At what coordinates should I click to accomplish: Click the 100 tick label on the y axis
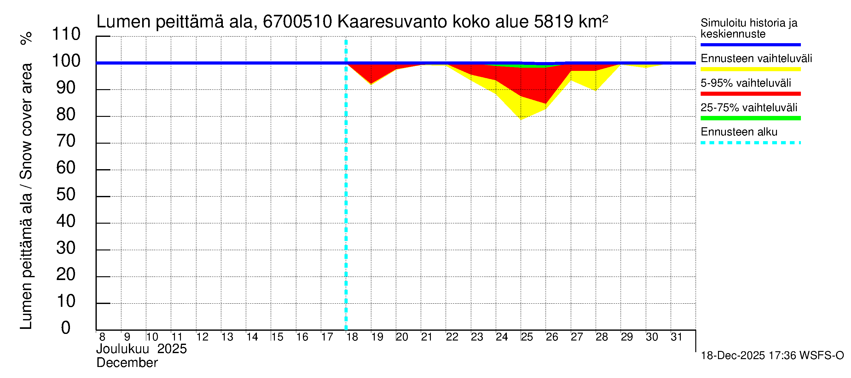[66, 61]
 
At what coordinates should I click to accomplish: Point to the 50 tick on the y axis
[66, 195]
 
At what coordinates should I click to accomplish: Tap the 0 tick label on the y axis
[66, 328]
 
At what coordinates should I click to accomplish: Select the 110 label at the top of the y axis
[66, 34]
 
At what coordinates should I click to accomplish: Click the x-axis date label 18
[352, 337]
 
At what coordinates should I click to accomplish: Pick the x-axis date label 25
[527, 337]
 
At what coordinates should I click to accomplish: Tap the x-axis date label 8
[102, 337]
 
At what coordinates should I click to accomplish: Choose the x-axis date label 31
[677, 337]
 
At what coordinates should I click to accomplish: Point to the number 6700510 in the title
[297, 22]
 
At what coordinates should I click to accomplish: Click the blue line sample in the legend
[750, 44]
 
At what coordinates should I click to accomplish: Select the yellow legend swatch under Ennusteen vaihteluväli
[750, 69]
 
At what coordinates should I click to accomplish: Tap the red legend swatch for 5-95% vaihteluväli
[750, 94]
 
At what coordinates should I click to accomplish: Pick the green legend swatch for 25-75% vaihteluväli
[750, 118]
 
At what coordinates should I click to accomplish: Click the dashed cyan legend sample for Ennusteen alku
[750, 143]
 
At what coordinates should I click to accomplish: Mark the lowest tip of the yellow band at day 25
[521, 119]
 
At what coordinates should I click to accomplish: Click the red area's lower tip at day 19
[371, 83]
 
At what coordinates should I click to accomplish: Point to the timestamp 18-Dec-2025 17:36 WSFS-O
[772, 356]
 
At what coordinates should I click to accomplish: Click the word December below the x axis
[127, 363]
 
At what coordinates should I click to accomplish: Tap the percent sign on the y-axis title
[26, 38]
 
